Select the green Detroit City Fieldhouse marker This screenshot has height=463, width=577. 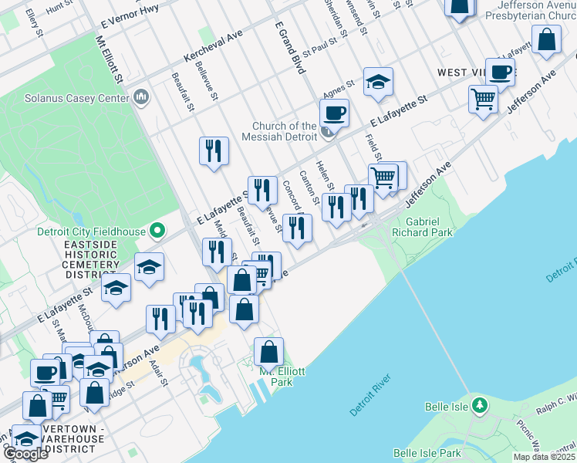coord(158,230)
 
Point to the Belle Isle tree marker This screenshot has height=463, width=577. coord(480,404)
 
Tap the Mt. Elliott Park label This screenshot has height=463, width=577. coord(282,377)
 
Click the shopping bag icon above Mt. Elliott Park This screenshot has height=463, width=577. coord(268,352)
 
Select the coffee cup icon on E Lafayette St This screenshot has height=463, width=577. coord(334,113)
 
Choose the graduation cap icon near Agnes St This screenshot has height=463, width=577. coord(378,82)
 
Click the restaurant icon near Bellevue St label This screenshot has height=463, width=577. coord(262,189)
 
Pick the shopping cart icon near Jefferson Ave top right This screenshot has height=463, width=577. coord(483,98)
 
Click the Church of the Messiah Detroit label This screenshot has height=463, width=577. coord(285,131)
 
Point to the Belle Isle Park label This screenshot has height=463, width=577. coord(427,453)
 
